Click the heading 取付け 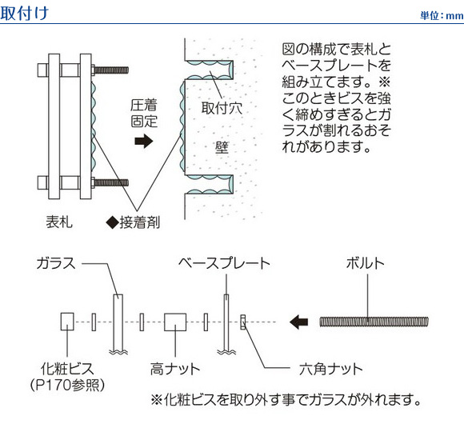click(x=24, y=14)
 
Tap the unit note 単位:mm click(x=442, y=15)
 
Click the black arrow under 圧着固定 click(x=144, y=141)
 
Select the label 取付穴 click(x=222, y=108)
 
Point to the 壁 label click(x=222, y=147)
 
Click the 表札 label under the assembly click(x=59, y=222)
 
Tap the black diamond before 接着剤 click(x=112, y=222)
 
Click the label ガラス click(x=56, y=263)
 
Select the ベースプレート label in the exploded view click(x=224, y=263)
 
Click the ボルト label click(x=365, y=263)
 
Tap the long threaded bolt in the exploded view click(x=374, y=322)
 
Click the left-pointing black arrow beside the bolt click(x=299, y=322)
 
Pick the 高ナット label click(x=175, y=369)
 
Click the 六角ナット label click(x=331, y=369)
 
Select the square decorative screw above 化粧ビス click(x=67, y=322)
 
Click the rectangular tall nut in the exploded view click(x=175, y=322)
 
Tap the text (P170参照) click(x=67, y=385)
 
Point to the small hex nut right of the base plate click(x=243, y=322)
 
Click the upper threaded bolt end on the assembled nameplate click(x=111, y=70)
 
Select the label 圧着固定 click(x=144, y=114)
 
